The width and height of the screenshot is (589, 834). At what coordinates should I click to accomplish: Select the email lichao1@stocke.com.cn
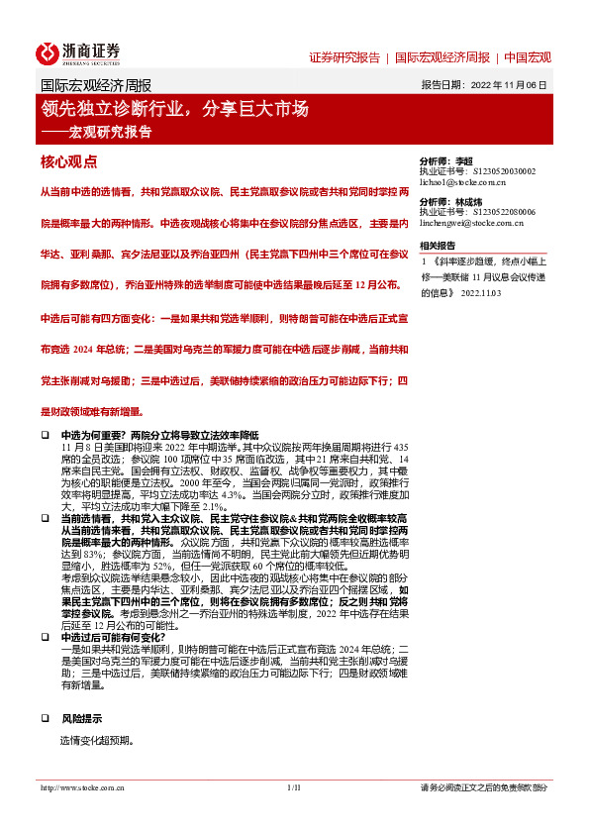464,182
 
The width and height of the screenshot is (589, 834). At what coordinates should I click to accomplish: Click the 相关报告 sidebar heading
438,246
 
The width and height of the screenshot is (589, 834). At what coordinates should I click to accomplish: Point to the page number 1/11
293,815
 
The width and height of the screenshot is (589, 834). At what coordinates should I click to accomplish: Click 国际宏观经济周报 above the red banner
95,85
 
